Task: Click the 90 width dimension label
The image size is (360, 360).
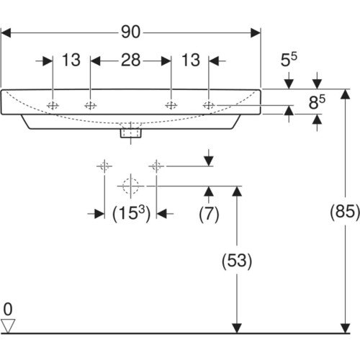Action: pos(130,32)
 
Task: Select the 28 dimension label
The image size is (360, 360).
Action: pos(130,60)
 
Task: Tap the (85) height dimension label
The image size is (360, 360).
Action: pos(345,212)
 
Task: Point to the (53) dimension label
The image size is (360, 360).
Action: pos(237,261)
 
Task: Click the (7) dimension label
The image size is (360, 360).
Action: pos(209,214)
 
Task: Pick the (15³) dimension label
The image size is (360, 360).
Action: pos(132,213)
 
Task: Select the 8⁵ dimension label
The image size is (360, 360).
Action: pos(317,102)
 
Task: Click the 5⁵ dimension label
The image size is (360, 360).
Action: pos(289,60)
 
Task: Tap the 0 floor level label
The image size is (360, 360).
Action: pos(8,310)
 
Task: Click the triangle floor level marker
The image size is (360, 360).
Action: pos(8,325)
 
